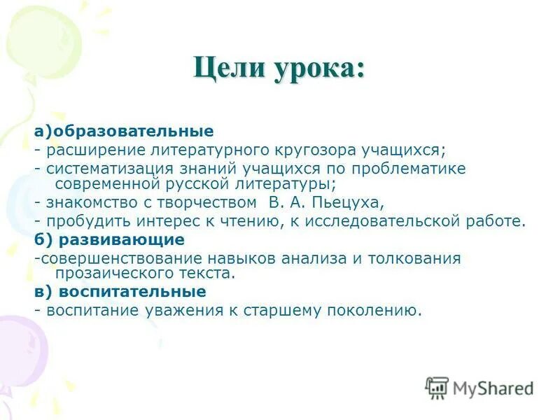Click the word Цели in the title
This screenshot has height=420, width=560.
[225, 70]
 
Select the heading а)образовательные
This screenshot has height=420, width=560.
[124, 131]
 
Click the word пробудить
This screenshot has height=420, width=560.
[82, 222]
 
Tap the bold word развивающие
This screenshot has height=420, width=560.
[122, 240]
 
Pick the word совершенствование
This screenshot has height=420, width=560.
[116, 258]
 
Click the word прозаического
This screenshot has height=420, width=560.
[113, 273]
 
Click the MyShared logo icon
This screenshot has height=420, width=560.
[436, 387]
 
